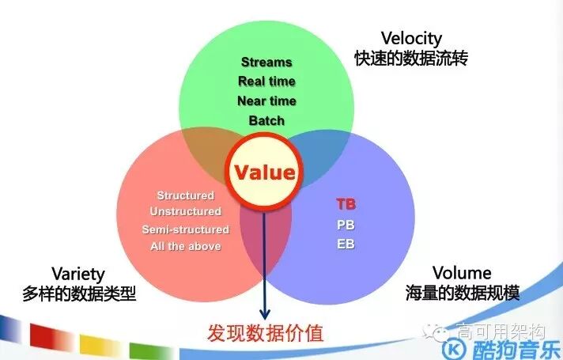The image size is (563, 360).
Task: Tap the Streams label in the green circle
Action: click(x=266, y=62)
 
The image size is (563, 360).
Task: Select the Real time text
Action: click(x=266, y=81)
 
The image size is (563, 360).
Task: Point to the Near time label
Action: click(x=266, y=101)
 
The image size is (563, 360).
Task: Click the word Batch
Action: click(x=266, y=121)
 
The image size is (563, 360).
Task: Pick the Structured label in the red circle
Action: click(x=185, y=195)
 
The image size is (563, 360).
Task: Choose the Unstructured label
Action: click(x=185, y=212)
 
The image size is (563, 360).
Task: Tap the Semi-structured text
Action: click(x=185, y=229)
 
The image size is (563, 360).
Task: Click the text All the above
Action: click(x=185, y=246)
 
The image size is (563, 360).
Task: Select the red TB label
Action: click(x=346, y=204)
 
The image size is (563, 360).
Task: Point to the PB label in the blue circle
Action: click(x=346, y=224)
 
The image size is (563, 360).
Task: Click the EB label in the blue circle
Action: click(x=346, y=244)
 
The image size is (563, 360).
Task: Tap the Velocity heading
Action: click(x=410, y=38)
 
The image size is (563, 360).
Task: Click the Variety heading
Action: click(x=77, y=274)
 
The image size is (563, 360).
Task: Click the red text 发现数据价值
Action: click(x=266, y=332)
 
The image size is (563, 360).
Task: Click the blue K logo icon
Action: click(x=455, y=349)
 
